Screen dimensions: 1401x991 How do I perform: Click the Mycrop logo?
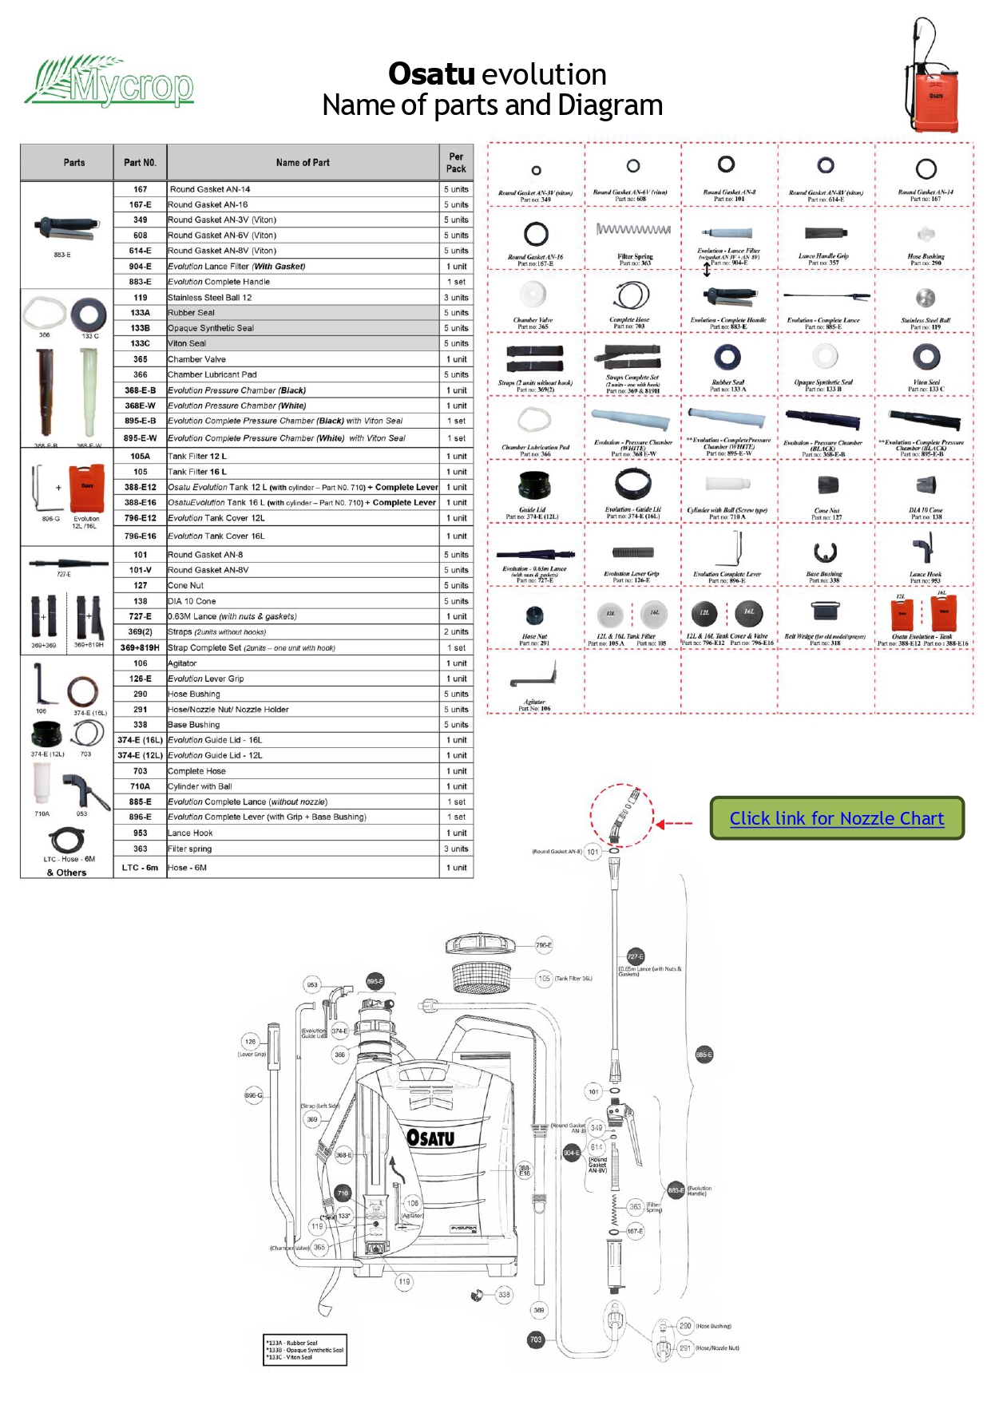pyautogui.click(x=109, y=81)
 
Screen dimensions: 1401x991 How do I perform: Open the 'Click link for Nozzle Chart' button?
pyautogui.click(x=836, y=818)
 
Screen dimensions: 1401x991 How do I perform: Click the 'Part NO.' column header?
pyautogui.click(x=140, y=163)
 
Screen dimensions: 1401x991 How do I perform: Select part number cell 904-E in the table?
pyautogui.click(x=140, y=267)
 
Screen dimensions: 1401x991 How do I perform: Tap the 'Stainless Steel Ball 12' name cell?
pyautogui.click(x=210, y=298)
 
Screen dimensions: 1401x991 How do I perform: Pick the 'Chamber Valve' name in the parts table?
pyautogui.click(x=197, y=359)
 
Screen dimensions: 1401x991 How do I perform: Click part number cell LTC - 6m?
pyautogui.click(x=140, y=868)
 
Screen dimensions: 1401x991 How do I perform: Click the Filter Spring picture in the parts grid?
pyautogui.click(x=634, y=230)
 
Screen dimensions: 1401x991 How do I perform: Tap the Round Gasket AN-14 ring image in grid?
pyautogui.click(x=926, y=169)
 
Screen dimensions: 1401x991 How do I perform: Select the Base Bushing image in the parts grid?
pyautogui.click(x=823, y=552)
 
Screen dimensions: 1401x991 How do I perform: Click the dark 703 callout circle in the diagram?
pyautogui.click(x=536, y=1340)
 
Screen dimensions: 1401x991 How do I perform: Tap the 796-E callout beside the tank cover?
pyautogui.click(x=544, y=945)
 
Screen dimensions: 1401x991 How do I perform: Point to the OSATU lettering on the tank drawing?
pyautogui.click(x=430, y=1137)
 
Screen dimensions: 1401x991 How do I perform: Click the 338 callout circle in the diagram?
pyautogui.click(x=504, y=1295)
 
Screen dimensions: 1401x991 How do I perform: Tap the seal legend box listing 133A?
pyautogui.click(x=305, y=1350)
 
